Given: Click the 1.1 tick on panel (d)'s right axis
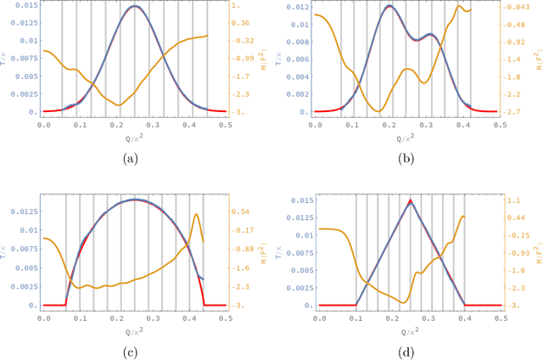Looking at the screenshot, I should tap(514, 200).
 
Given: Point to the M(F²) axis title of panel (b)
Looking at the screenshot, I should tap(538, 59).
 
